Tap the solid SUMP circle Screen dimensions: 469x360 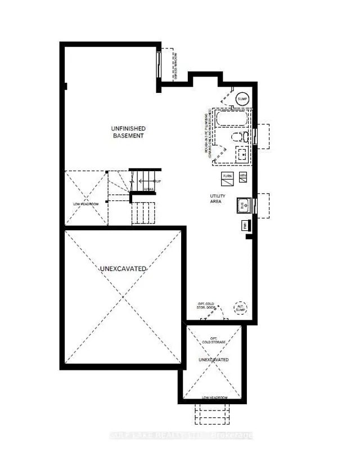pos(242,99)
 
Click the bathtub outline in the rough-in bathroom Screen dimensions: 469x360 pos(231,119)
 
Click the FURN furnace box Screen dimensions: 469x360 pos(227,176)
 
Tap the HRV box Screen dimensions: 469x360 pos(243,176)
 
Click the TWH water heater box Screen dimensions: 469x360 pos(246,226)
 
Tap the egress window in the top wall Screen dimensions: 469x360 pos(159,65)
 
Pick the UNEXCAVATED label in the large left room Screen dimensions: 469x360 pos(124,269)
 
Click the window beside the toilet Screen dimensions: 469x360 pos(255,136)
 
